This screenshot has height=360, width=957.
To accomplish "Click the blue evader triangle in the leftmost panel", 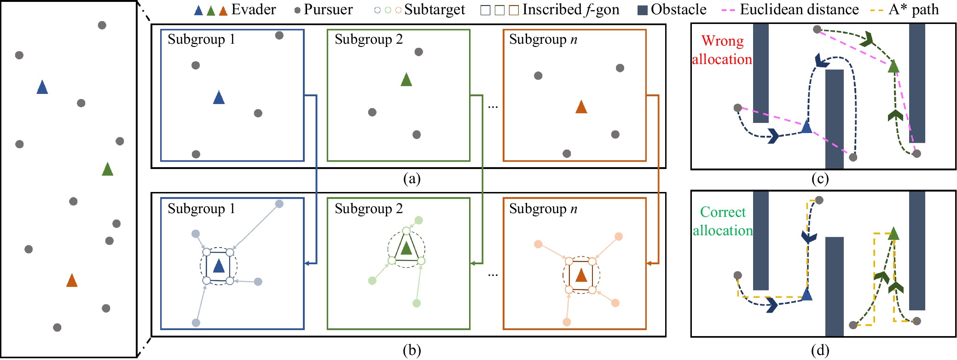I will [x=42, y=87].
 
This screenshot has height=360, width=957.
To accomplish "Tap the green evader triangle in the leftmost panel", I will [x=107, y=169].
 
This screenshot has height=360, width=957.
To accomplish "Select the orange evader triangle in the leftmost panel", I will [x=72, y=280].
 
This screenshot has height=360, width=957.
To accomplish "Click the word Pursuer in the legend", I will [x=328, y=10].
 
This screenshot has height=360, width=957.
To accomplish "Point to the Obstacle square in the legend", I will [x=643, y=10].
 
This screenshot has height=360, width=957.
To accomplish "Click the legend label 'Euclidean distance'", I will [x=799, y=10].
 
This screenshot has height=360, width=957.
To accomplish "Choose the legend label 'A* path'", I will [x=914, y=10].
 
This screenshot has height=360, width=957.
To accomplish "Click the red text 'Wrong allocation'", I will [x=722, y=50].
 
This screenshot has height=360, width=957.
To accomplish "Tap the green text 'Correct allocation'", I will [x=723, y=221].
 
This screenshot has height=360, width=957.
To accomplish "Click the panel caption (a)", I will [x=412, y=179].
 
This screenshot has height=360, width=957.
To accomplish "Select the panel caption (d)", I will [x=820, y=351].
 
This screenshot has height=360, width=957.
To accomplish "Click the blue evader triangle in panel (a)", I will [x=219, y=98].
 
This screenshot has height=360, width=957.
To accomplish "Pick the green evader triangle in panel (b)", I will [x=406, y=249].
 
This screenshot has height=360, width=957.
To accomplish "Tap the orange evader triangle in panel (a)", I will [x=581, y=107].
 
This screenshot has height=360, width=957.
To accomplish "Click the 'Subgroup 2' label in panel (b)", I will [x=369, y=209].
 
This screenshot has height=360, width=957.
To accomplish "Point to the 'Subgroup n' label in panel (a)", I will [x=543, y=40].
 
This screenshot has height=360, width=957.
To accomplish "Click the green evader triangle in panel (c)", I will [x=893, y=67].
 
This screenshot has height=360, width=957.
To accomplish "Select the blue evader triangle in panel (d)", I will [x=806, y=294].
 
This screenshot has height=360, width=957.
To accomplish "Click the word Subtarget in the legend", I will [x=435, y=10].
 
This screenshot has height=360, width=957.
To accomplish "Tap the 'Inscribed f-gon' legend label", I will [x=571, y=10].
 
